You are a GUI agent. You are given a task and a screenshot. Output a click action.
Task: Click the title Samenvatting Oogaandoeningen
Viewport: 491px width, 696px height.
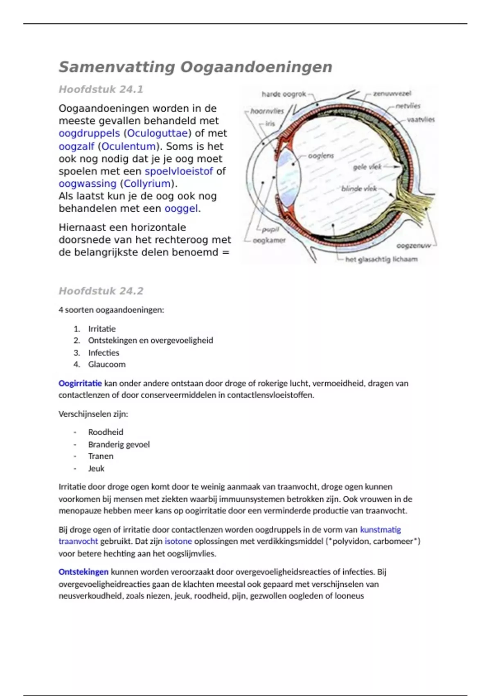pyautogui.click(x=195, y=67)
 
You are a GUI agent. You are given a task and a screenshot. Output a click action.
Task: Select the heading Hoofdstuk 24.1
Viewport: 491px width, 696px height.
pyautogui.click(x=101, y=89)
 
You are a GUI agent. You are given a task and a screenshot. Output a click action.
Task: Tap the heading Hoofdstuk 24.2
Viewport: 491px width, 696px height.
pyautogui.click(x=101, y=291)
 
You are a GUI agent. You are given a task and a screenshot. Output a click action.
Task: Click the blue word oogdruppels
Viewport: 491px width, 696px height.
pyautogui.click(x=89, y=133)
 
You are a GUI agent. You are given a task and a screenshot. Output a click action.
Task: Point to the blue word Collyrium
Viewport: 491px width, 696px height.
pyautogui.click(x=147, y=184)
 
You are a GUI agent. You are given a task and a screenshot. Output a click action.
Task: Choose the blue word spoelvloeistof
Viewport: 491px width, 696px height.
pyautogui.click(x=179, y=171)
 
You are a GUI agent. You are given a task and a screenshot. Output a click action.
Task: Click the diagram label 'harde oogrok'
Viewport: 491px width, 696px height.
pyautogui.click(x=284, y=94)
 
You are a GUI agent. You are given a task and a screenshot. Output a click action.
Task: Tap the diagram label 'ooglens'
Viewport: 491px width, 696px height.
pyautogui.click(x=321, y=156)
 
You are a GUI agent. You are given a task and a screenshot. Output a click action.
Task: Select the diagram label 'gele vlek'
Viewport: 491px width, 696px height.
pyautogui.click(x=367, y=167)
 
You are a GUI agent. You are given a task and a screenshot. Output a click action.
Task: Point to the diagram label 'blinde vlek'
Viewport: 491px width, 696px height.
pyautogui.click(x=359, y=189)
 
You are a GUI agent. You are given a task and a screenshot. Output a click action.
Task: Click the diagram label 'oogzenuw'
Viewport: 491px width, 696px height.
pyautogui.click(x=413, y=246)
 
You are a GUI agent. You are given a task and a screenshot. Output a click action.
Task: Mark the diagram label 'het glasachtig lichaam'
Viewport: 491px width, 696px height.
pyautogui.click(x=381, y=260)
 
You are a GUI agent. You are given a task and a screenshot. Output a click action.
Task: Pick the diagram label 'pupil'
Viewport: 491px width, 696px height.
pyautogui.click(x=270, y=230)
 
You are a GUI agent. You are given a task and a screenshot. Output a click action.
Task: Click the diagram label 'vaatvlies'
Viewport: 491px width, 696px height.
pyautogui.click(x=421, y=120)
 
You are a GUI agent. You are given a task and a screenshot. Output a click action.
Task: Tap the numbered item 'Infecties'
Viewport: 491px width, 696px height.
pyautogui.click(x=104, y=353)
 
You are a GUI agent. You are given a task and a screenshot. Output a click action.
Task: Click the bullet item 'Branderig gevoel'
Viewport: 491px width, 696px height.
pyautogui.click(x=119, y=444)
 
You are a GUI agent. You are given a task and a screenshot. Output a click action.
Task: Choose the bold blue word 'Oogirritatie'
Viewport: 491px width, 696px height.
pyautogui.click(x=80, y=384)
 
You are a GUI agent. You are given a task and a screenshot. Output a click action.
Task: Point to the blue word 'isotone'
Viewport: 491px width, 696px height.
pyautogui.click(x=178, y=541)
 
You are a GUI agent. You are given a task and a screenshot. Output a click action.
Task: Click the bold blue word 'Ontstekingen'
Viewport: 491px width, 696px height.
pyautogui.click(x=83, y=572)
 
